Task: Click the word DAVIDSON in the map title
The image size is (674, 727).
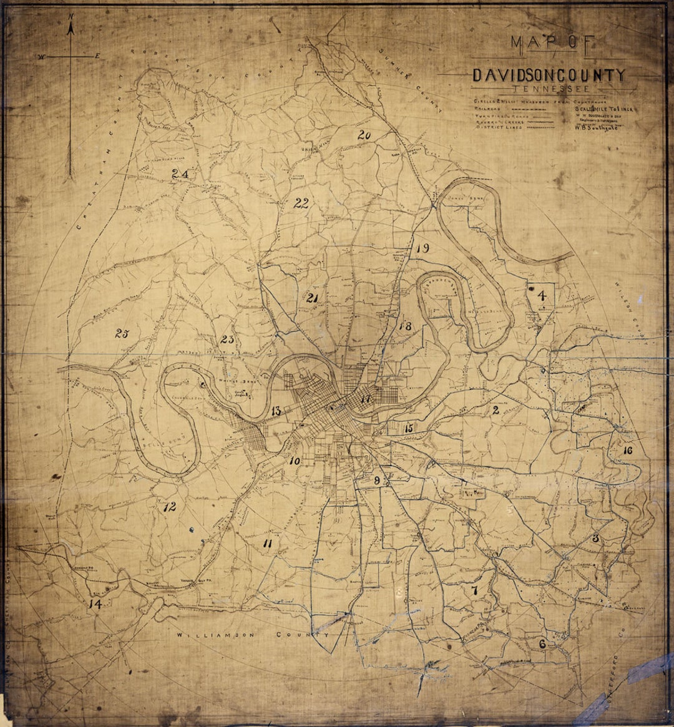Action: [510, 76]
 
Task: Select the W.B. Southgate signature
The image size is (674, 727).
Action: [592, 129]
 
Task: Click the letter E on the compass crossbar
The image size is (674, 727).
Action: [97, 57]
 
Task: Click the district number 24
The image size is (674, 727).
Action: [180, 174]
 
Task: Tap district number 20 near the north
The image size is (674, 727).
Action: [364, 135]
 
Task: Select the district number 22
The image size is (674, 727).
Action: [301, 203]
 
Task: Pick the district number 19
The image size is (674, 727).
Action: [422, 248]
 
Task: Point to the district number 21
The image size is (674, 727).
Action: [313, 298]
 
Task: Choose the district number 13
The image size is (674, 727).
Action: [276, 411]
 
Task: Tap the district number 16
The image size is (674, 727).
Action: [627, 451]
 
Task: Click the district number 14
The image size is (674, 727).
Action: [95, 603]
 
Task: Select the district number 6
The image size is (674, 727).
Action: [542, 644]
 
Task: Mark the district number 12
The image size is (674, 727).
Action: [169, 507]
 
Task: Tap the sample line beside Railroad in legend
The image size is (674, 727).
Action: [533, 107]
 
